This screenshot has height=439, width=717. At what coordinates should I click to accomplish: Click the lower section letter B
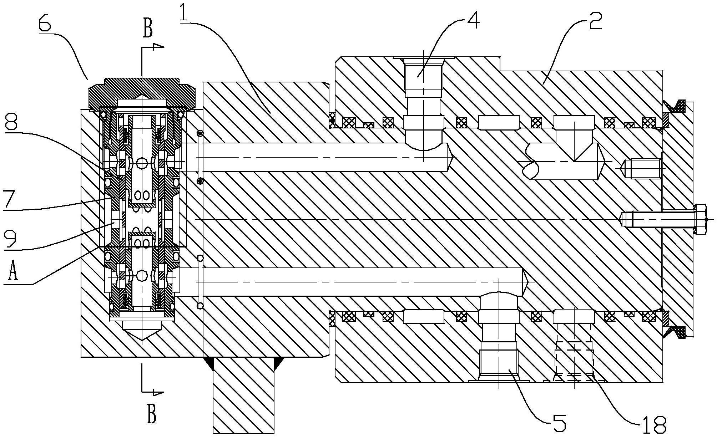coord(152,414)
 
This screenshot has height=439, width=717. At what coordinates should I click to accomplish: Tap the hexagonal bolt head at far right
coord(700,219)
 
